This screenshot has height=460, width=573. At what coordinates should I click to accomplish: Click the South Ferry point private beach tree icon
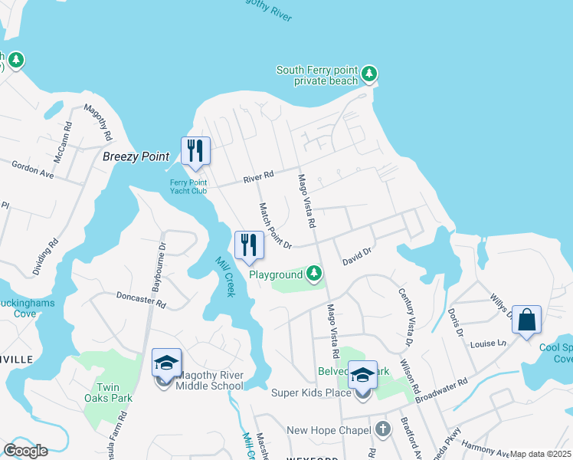370,74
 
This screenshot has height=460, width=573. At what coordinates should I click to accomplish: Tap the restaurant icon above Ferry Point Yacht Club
195,150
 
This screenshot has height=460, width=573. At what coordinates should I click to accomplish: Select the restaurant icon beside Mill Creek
249,245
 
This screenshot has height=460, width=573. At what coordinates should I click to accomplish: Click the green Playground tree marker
313,273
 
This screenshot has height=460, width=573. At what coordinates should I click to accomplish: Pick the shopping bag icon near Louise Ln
527,319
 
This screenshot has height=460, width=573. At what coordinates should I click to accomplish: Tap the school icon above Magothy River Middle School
166,362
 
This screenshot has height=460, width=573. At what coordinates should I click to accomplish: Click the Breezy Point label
136,156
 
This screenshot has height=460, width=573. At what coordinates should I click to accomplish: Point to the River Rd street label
258,176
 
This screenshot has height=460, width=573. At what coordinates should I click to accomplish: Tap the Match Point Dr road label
275,225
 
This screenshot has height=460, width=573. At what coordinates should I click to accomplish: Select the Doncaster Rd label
140,299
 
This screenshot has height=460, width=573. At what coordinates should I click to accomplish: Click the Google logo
25,451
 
